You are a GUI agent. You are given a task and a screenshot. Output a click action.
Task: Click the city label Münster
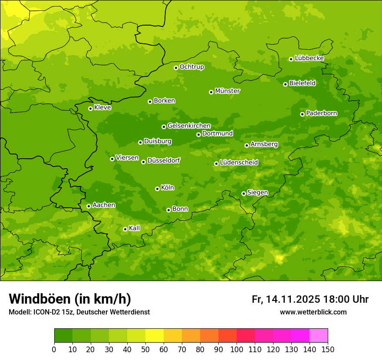coord(227,91)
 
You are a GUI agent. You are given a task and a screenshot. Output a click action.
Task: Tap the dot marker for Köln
coord(157,189)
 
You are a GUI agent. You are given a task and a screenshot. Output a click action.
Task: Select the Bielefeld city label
coord(302,83)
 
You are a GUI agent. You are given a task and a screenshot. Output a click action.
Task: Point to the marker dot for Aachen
coord(89,206)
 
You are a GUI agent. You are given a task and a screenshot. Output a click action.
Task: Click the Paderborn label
coord(321,113)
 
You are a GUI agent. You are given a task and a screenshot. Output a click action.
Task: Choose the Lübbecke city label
coord(309,58)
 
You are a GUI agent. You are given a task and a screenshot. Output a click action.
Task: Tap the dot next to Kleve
coord(90,108)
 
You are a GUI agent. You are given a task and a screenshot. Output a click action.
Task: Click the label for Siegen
coord(257,193)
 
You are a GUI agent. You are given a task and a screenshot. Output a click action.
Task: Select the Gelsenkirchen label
coord(189,126)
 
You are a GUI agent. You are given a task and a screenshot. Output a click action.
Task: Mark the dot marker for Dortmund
coord(198,134)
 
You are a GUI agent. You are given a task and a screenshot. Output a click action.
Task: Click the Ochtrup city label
coord(191,67)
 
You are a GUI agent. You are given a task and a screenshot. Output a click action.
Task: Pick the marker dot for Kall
coord(125,229)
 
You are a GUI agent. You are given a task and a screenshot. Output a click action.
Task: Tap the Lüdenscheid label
coord(239,163)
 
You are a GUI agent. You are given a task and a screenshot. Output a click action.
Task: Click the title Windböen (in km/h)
coord(70,299)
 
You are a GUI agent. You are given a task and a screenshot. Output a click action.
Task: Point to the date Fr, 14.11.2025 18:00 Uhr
coord(310,299)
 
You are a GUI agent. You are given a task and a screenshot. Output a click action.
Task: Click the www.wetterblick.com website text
coord(313,312)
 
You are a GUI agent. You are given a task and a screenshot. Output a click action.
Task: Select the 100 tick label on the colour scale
coord(237,349)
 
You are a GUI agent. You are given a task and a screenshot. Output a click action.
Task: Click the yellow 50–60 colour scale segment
coord(155,336)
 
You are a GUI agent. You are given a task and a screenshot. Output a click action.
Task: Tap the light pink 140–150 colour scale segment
coord(319,336)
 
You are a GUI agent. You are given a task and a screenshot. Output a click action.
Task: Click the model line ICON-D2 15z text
coord(79,312)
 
